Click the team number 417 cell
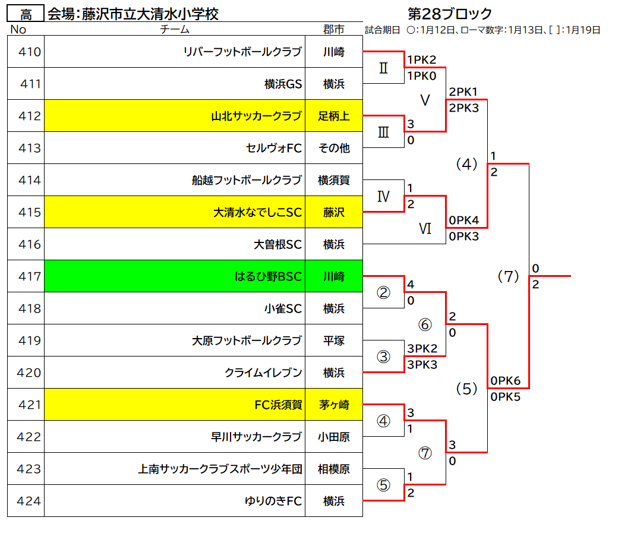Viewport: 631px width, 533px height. tap(26, 276)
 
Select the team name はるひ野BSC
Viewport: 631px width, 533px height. tap(268, 276)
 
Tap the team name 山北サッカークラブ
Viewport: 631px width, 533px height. tap(256, 116)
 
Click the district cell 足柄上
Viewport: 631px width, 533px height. tap(333, 116)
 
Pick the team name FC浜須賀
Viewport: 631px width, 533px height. tap(278, 405)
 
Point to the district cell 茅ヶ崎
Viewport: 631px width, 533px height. tap(333, 405)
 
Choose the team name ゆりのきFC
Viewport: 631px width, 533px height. tap(273, 501)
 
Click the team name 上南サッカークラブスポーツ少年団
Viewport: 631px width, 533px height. tap(220, 469)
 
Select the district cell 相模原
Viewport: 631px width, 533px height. tap(333, 469)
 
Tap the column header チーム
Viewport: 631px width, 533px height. tap(174, 29)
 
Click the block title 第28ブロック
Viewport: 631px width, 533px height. tap(450, 14)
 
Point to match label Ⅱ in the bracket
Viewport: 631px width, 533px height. tap(383, 68)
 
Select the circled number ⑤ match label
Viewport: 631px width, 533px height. tap(383, 485)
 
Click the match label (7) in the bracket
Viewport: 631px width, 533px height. tap(508, 276)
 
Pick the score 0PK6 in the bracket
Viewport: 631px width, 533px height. tap(506, 380)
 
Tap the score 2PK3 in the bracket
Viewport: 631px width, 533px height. tap(464, 108)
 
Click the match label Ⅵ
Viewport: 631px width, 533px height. tap(425, 229)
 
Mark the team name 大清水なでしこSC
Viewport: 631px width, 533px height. tap(257, 212)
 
